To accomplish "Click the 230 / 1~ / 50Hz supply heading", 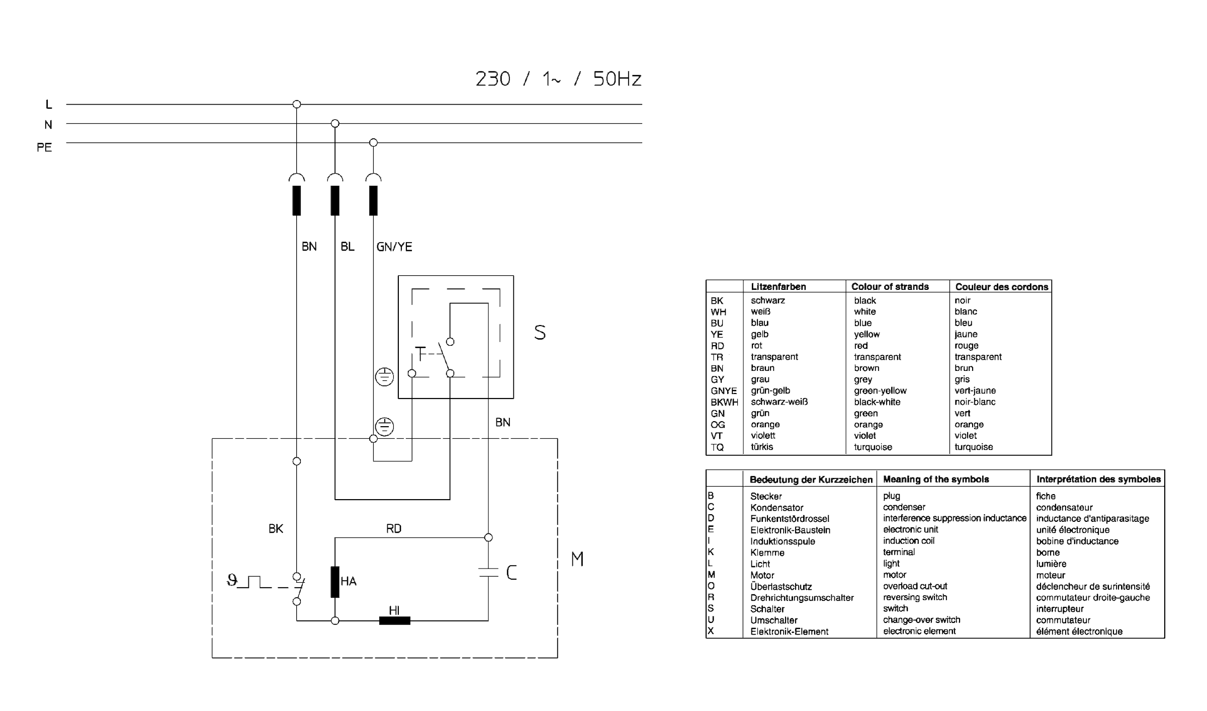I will click(558, 79).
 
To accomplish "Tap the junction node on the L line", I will click(297, 104).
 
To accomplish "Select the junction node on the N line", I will click(335, 123).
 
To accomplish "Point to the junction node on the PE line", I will click(373, 142).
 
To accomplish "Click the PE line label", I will click(44, 147).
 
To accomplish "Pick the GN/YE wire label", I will click(394, 247).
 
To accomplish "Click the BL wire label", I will click(348, 247).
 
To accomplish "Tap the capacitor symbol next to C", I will click(488, 572).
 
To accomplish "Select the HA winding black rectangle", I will click(335, 582).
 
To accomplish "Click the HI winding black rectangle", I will click(394, 620).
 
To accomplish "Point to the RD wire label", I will click(394, 528).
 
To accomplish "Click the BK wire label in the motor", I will click(276, 528).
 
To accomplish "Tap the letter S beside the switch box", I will click(540, 333).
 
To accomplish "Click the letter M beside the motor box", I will click(577, 559).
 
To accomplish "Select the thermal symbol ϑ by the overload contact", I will click(232, 581).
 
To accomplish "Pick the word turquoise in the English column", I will click(873, 447).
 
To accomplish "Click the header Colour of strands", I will click(890, 286).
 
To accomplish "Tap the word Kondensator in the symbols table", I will click(777, 508).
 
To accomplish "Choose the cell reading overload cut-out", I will click(915, 586).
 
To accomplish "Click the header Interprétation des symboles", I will click(1098, 479).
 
